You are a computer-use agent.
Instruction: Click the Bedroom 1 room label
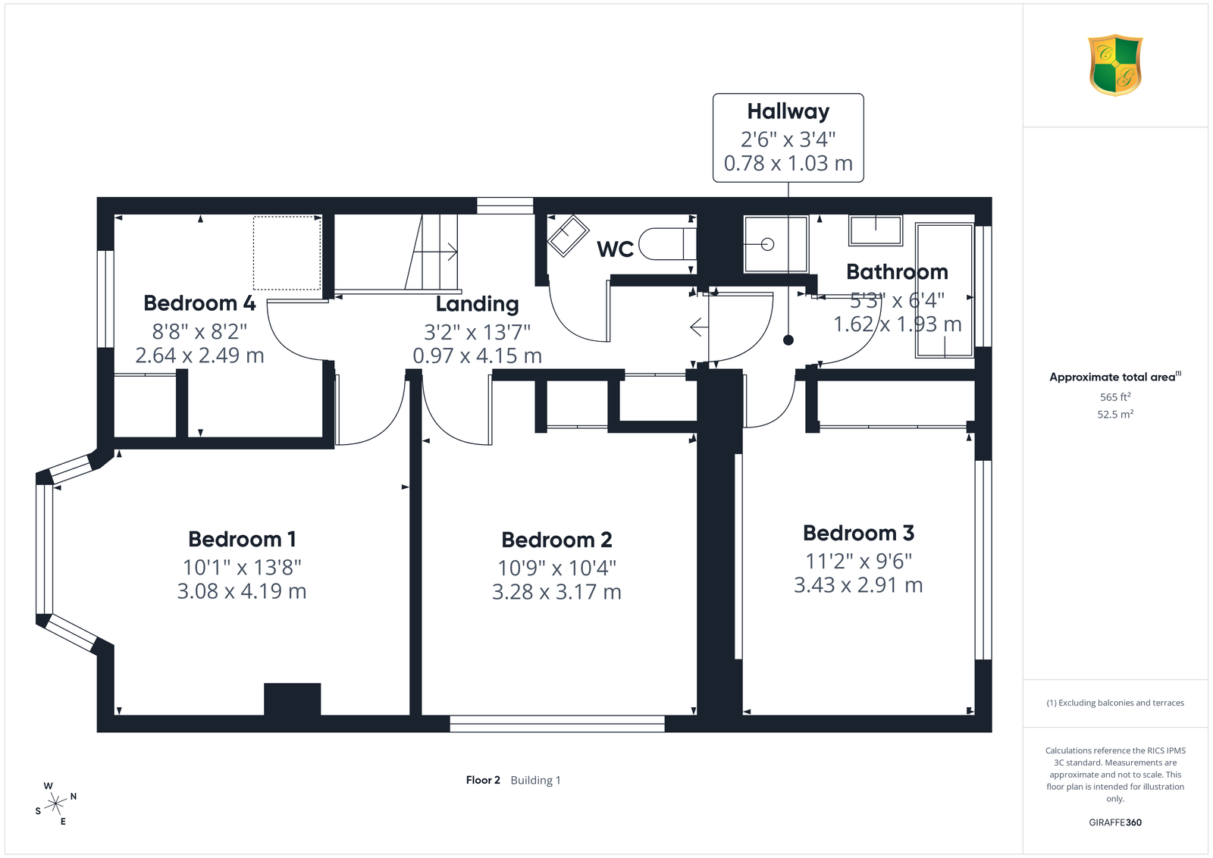[x=242, y=539]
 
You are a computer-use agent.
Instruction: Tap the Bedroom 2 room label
[x=556, y=540]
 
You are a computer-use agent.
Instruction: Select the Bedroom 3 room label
[x=858, y=533]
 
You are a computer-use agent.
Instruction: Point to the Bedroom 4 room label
[x=200, y=303]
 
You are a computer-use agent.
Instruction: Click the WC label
[x=615, y=249]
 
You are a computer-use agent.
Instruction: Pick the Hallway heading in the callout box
[x=788, y=111]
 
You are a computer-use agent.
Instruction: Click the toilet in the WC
[x=667, y=244]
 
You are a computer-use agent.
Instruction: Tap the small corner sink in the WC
[x=568, y=236]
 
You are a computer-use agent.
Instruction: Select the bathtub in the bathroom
[x=945, y=291]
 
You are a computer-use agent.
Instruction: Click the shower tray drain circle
[x=767, y=245]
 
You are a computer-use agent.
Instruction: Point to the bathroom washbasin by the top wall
[x=875, y=230]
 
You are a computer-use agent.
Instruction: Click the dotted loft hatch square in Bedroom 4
[x=287, y=253]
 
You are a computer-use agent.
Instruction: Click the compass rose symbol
[x=56, y=804]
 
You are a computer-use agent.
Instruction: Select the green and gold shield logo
[x=1115, y=65]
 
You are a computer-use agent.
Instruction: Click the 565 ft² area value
[x=1115, y=397]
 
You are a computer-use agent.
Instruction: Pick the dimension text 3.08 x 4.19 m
[x=242, y=590]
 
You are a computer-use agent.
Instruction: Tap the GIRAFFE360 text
[x=1115, y=822]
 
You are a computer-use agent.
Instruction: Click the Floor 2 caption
[x=483, y=780]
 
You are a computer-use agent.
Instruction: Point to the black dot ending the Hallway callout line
[x=788, y=340]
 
